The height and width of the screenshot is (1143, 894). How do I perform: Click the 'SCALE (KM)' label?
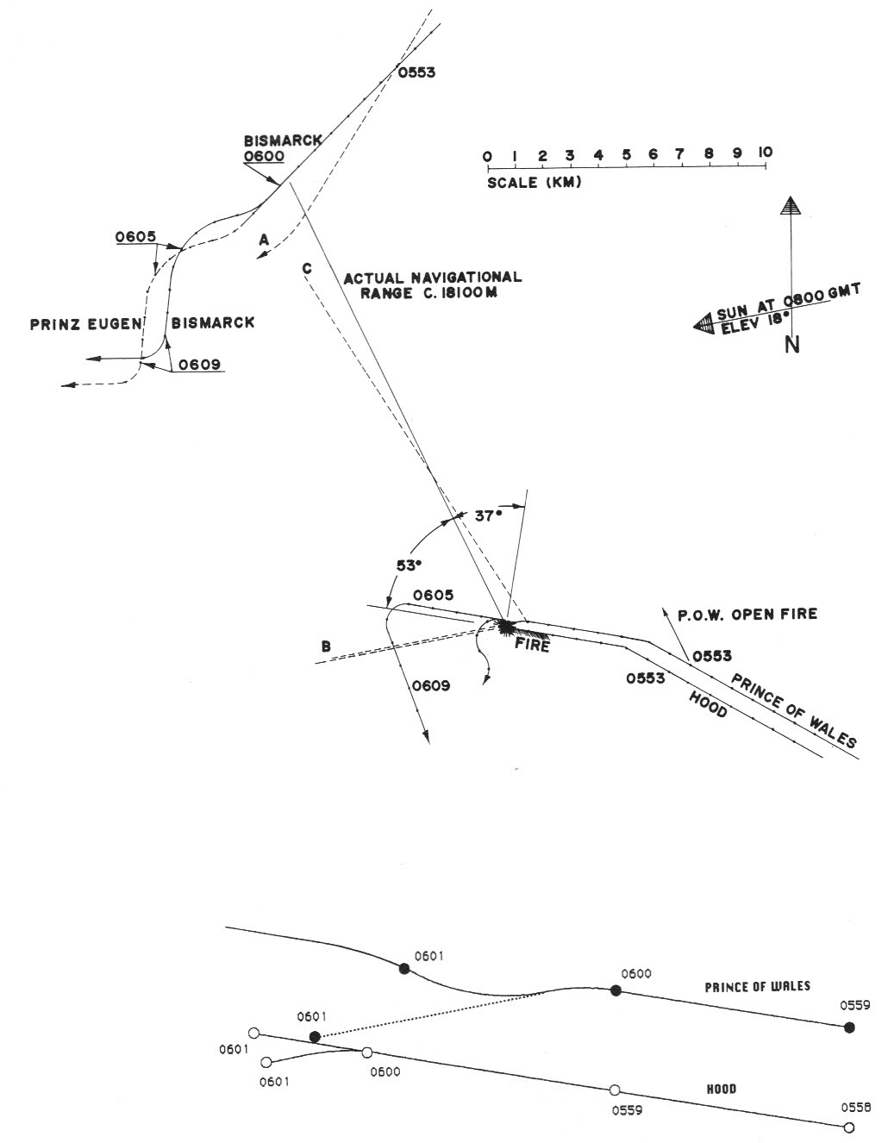(534, 183)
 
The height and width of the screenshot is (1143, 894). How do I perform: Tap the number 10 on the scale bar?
(765, 153)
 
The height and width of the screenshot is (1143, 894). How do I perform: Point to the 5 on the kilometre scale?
(626, 154)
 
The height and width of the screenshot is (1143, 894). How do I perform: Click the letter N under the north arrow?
(791, 344)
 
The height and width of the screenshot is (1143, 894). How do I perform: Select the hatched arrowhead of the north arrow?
(788, 206)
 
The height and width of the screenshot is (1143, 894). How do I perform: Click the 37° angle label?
(488, 515)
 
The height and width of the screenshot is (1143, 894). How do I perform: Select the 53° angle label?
(409, 565)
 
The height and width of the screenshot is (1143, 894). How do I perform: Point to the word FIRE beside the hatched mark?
(532, 644)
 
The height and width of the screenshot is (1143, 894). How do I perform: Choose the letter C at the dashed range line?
(306, 268)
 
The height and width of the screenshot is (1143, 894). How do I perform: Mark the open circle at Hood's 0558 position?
(848, 1127)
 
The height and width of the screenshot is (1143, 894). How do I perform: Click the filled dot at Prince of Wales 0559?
(849, 1027)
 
